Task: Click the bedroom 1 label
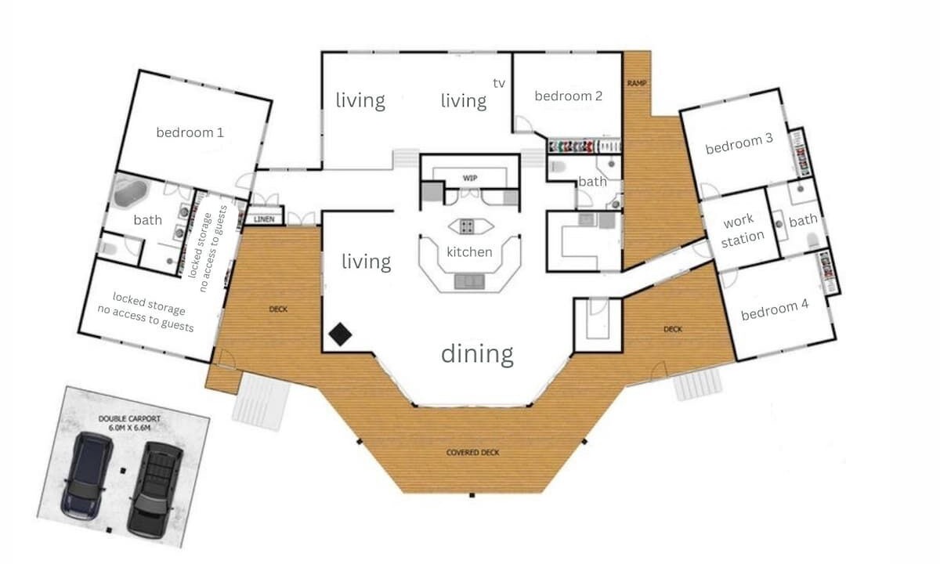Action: click(x=190, y=132)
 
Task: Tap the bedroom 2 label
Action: click(x=569, y=96)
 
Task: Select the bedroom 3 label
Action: click(x=739, y=144)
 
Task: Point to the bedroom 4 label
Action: click(x=775, y=309)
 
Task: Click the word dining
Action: click(x=478, y=354)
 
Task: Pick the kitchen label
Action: click(x=469, y=251)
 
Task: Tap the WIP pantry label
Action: click(x=469, y=178)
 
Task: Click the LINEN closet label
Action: click(x=264, y=219)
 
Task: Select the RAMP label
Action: click(x=637, y=83)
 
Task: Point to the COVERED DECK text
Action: click(x=472, y=453)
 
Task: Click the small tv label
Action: click(x=499, y=83)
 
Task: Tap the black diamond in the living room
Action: click(x=340, y=334)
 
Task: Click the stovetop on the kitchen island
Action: click(x=467, y=226)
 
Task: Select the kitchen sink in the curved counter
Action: click(x=469, y=281)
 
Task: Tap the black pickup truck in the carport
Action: click(x=155, y=490)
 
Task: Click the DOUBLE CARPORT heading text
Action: click(x=129, y=419)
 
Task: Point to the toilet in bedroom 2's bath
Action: click(x=557, y=167)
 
